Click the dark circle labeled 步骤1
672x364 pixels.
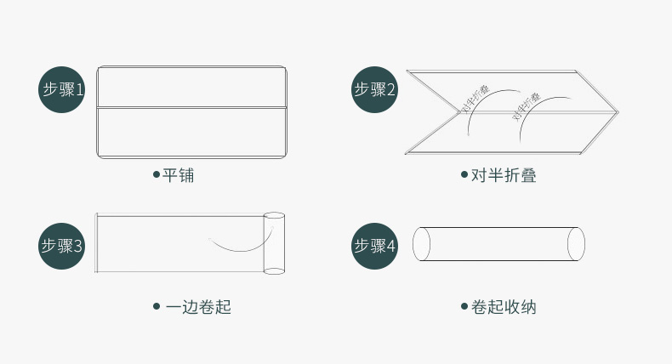coord(62,89)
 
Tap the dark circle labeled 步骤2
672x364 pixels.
coord(374,89)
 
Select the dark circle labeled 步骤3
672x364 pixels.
coord(62,246)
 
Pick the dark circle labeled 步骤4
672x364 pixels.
coord(374,246)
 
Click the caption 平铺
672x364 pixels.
coord(179,175)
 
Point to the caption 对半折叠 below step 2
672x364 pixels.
coord(504,175)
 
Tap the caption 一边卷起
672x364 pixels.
coord(198,306)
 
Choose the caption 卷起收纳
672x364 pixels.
coord(504,306)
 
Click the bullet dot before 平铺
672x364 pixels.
coord(157,174)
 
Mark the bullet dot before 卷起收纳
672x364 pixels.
coord(464,306)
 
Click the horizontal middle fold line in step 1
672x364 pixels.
coord(191,107)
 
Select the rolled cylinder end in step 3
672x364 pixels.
coord(274,243)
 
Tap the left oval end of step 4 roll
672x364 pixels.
coord(421,243)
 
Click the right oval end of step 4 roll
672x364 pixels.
coord(576,243)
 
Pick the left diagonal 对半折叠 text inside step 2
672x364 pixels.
coord(476,100)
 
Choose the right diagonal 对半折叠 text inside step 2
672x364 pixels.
coord(527,106)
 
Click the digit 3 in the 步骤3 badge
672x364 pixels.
coord(77,246)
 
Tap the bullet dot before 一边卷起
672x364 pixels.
coord(157,306)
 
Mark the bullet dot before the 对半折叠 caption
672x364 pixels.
coord(464,174)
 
